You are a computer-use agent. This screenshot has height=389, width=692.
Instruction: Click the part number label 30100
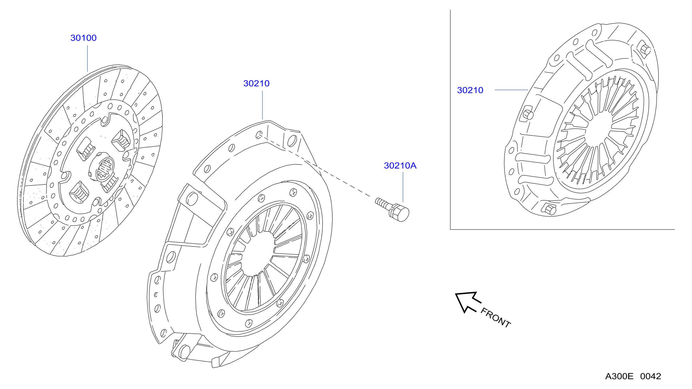coord(83,38)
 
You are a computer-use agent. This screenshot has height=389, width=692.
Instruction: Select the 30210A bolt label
coord(400,166)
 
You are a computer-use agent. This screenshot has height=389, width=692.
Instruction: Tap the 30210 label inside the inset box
coord(470,90)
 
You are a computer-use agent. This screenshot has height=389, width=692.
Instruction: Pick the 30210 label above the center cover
coord(256,83)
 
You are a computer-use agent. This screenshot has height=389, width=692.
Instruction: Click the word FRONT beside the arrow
coord(496,318)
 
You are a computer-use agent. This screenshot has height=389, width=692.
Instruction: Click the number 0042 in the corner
coord(650,376)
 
